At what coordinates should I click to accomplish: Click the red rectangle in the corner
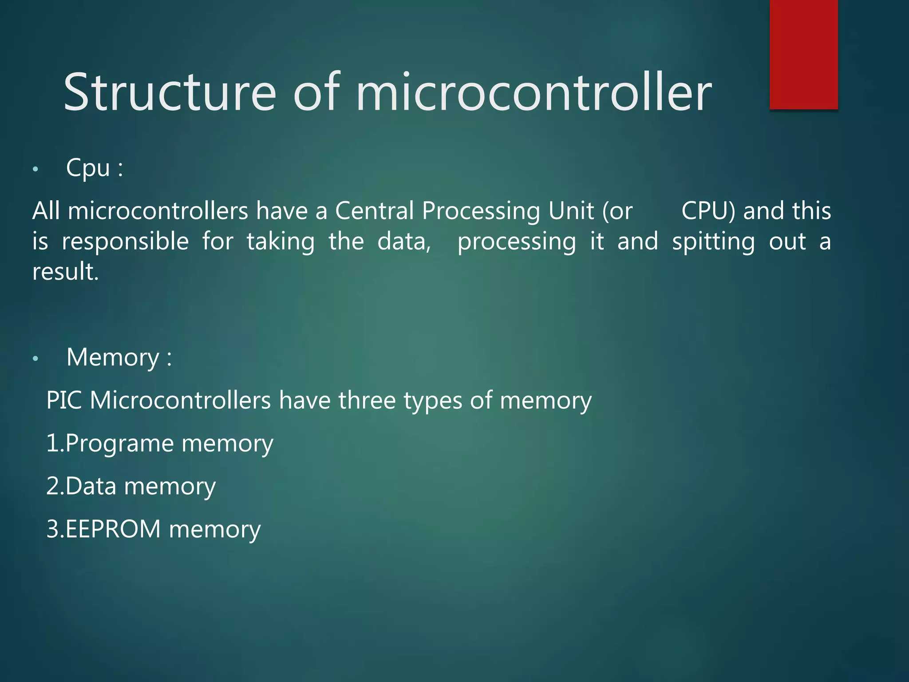(803, 54)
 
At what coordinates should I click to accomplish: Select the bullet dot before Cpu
(36, 169)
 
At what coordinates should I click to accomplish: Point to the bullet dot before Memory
(36, 359)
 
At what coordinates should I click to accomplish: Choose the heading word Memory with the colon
(119, 357)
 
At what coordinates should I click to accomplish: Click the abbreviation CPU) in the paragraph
(708, 210)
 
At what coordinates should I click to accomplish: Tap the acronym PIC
(64, 400)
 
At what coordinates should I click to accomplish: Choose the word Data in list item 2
(91, 486)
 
